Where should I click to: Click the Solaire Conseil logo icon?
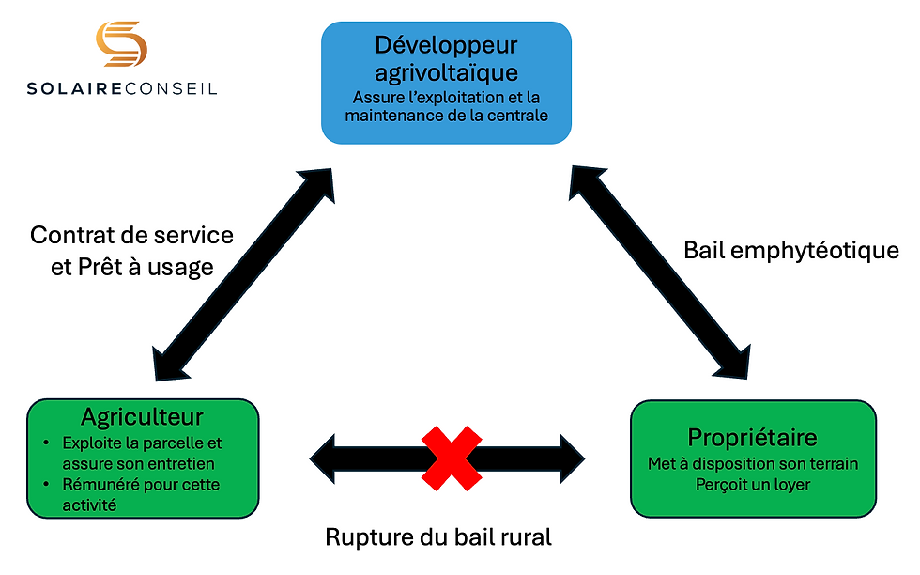coord(120,43)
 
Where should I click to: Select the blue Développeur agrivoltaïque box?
coord(446,83)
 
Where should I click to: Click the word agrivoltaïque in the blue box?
coord(446,71)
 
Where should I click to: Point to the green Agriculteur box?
coord(143,458)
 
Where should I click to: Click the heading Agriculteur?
coord(143,416)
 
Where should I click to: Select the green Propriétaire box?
coord(753,458)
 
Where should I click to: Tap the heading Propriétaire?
coord(753,438)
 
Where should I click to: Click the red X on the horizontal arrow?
coord(451,457)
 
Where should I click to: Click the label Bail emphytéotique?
coord(791,251)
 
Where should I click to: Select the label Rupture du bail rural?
coord(438,537)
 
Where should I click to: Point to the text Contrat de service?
coord(131,234)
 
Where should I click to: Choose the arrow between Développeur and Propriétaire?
coord(660,272)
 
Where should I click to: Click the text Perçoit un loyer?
coord(753,484)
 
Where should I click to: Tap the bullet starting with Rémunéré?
coord(138,495)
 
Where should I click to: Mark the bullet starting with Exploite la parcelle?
coord(138,453)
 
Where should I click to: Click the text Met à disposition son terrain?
coord(753,463)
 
